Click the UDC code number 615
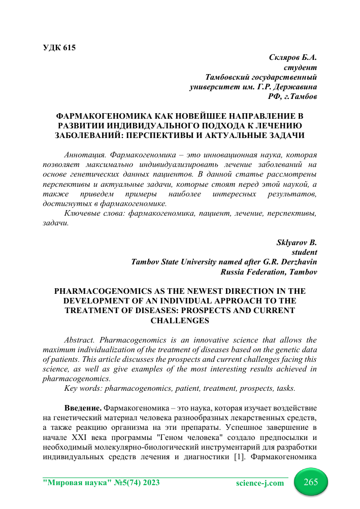[x=69, y=48]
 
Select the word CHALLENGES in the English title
[x=180, y=321]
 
